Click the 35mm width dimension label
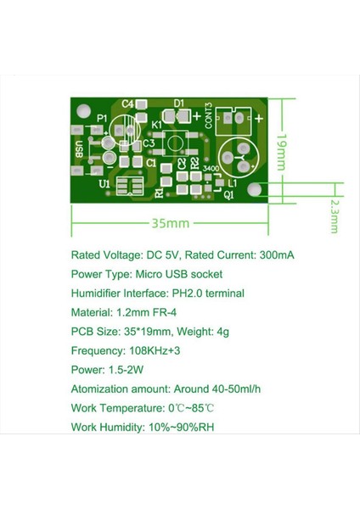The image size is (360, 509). tap(171, 223)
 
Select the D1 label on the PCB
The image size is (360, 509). tap(179, 103)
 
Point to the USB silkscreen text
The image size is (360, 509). tap(78, 149)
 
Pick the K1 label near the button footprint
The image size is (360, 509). tap(156, 125)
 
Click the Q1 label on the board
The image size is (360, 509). tap(228, 193)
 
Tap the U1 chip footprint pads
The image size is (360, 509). tap(128, 187)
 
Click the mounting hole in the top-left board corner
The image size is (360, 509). tap(83, 110)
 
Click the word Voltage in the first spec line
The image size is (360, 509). tap(125, 255)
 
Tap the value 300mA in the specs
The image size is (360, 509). tap(276, 255)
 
